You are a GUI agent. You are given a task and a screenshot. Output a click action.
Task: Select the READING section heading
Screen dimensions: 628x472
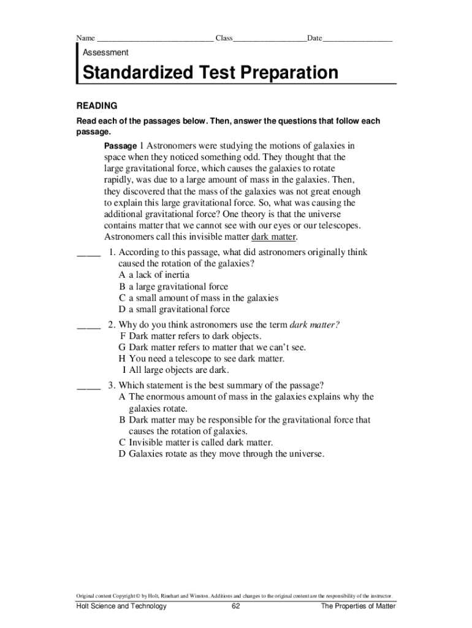(96, 106)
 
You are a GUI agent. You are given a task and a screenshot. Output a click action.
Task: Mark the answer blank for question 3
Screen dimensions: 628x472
(88, 387)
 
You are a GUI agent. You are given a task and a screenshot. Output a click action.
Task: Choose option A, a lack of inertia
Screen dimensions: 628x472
(154, 275)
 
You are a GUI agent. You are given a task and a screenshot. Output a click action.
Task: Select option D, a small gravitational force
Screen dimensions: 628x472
(174, 310)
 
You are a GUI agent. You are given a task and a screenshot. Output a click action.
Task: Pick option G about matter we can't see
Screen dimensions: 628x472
(212, 348)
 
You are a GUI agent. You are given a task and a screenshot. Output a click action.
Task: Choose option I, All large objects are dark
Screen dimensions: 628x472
(176, 370)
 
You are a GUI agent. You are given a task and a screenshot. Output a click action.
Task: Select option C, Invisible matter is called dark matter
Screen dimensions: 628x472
(196, 443)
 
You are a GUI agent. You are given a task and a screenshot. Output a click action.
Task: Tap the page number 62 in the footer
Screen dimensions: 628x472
(236, 607)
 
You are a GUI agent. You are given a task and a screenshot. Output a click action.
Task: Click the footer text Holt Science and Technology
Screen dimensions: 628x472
(121, 607)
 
